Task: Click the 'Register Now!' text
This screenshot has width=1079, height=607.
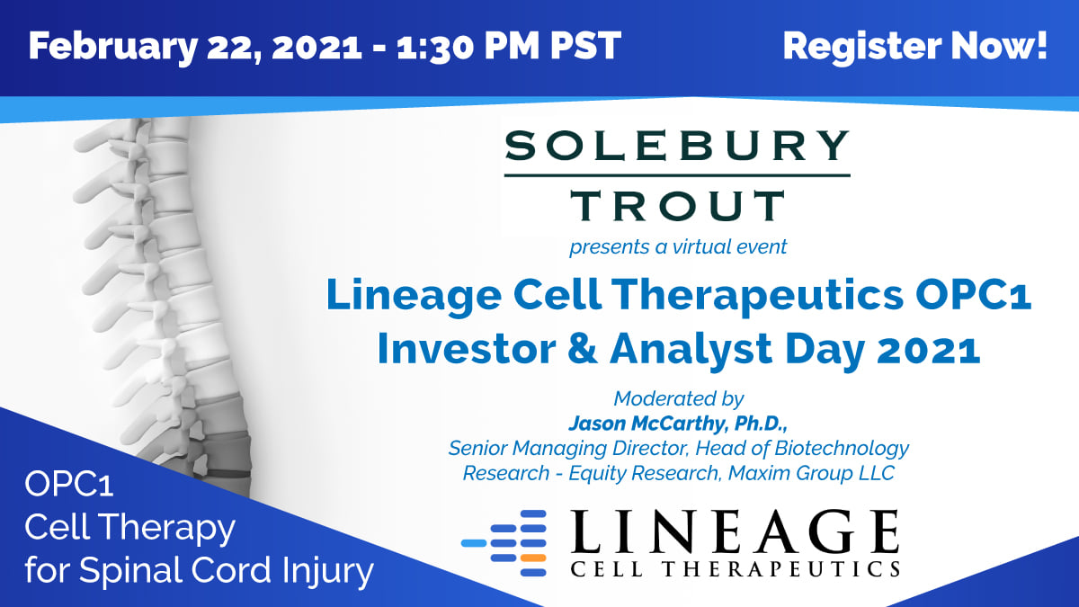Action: (914, 46)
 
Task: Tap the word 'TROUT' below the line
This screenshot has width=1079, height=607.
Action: (678, 205)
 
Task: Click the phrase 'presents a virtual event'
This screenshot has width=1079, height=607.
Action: (678, 247)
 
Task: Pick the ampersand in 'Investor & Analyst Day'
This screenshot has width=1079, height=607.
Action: (583, 349)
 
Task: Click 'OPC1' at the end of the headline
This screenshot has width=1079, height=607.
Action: (973, 294)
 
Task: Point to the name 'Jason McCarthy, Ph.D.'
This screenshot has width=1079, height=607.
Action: (678, 424)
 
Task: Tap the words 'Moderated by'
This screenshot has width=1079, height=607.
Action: (678, 398)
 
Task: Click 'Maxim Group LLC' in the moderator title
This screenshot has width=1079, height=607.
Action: (811, 473)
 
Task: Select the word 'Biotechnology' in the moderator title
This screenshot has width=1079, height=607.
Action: (842, 449)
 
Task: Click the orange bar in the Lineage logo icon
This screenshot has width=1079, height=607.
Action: (534, 558)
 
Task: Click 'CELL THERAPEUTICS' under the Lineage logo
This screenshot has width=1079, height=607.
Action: (736, 568)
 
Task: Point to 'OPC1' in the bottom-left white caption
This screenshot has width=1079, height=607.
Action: (69, 484)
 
